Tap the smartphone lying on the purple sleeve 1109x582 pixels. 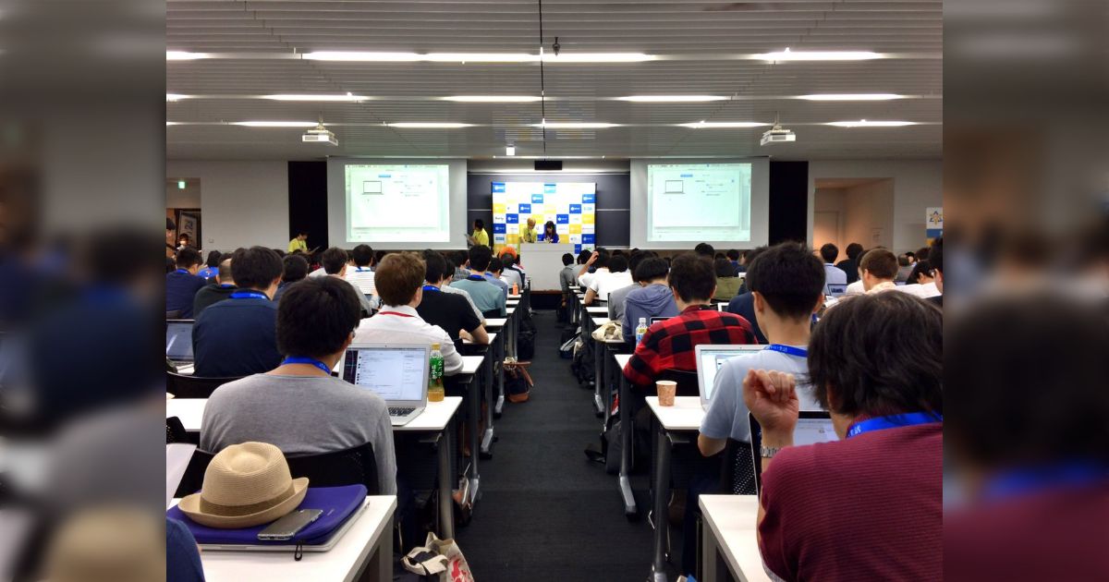(289, 524)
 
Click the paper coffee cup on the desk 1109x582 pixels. (665, 393)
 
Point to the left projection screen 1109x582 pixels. (396, 202)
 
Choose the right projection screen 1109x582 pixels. (699, 202)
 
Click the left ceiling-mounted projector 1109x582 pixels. (320, 137)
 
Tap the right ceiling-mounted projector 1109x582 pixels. (777, 137)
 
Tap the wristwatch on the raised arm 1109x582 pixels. (769, 451)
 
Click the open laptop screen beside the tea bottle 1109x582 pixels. (385, 374)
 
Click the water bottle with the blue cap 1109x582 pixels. (640, 331)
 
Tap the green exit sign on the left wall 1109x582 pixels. (182, 184)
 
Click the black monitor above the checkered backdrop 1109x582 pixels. (547, 164)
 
